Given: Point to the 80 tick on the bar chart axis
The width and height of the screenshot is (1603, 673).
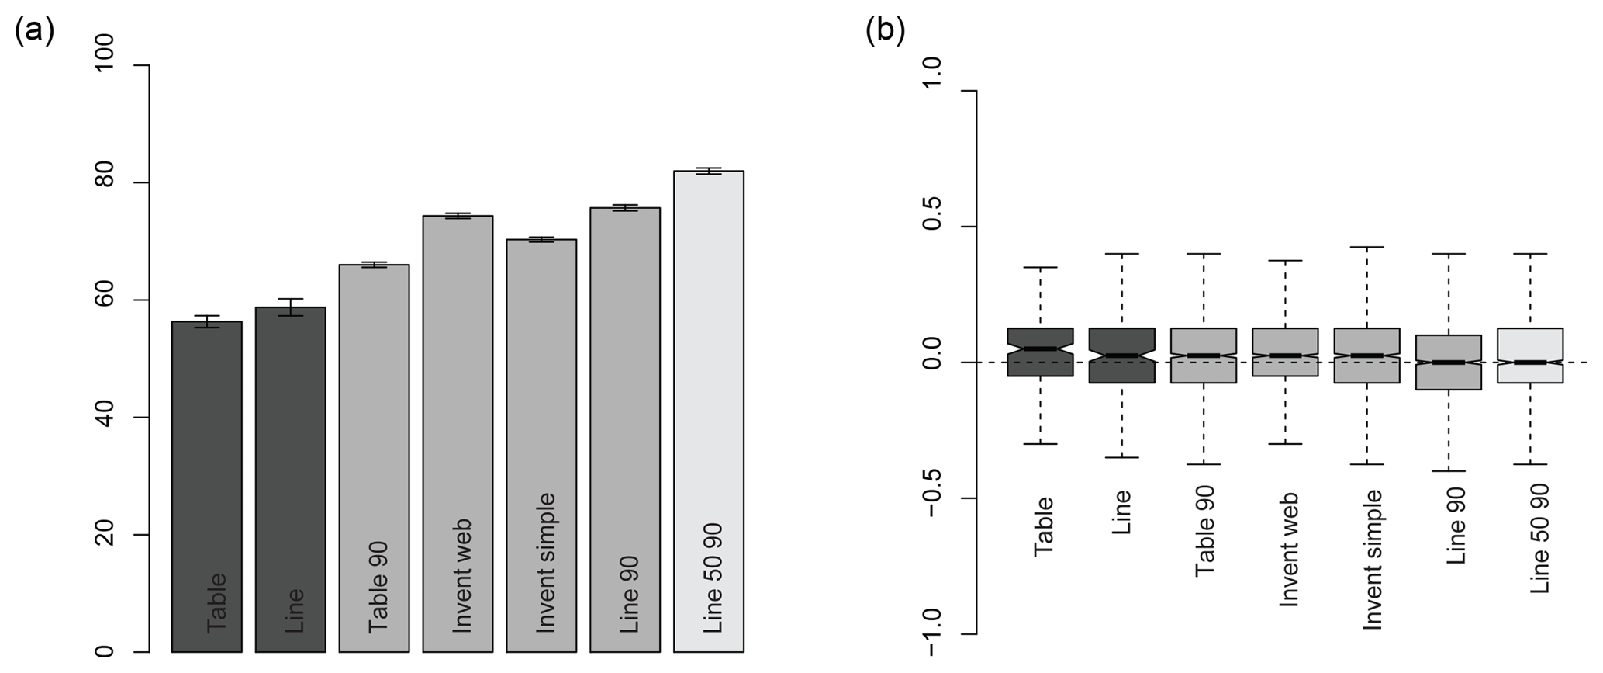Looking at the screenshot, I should click(x=142, y=182).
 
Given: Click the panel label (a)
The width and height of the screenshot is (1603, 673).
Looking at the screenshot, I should click(x=34, y=32).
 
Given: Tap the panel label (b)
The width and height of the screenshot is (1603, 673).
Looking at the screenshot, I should click(x=885, y=32).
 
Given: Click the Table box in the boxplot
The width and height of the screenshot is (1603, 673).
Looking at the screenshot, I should click(x=1040, y=352).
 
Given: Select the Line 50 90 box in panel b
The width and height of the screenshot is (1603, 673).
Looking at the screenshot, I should click(x=1530, y=356).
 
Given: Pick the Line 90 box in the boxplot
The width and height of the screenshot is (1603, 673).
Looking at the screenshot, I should click(x=1448, y=362).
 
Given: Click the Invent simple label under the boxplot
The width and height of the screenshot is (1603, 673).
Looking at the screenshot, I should click(x=1373, y=559).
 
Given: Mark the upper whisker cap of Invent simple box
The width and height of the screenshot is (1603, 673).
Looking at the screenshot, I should click(x=1367, y=247).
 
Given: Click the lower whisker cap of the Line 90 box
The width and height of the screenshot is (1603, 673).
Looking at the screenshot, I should click(x=1448, y=471).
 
